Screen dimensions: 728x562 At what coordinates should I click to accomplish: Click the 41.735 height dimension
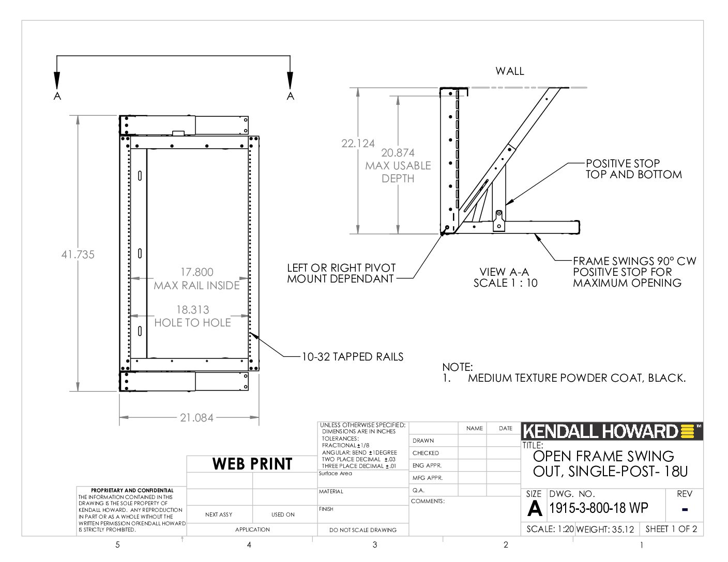tap(78, 255)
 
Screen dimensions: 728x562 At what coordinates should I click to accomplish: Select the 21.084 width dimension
tap(196, 418)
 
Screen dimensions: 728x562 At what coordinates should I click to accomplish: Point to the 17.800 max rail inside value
tap(197, 272)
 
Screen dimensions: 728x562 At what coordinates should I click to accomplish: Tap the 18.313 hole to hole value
tap(193, 309)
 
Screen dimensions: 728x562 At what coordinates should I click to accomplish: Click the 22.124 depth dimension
tap(358, 144)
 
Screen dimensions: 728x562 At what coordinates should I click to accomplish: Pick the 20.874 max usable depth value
tap(398, 153)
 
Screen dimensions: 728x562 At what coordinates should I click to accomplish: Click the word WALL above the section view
tap(510, 71)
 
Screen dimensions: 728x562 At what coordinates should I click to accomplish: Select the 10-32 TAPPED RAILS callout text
tap(353, 357)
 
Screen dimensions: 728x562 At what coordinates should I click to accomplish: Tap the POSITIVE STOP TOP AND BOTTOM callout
tap(634, 169)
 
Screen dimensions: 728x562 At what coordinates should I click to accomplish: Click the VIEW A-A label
tap(504, 272)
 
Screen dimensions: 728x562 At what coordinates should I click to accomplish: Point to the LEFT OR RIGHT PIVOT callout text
tap(341, 268)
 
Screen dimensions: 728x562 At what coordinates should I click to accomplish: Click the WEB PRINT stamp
tap(252, 464)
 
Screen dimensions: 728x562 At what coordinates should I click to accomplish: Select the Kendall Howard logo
tap(612, 431)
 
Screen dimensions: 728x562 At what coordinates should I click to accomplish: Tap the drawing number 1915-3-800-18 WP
tap(599, 508)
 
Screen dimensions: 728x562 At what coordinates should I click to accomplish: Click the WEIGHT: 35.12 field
tap(605, 529)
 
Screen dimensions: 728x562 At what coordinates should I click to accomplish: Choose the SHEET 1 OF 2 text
tap(671, 529)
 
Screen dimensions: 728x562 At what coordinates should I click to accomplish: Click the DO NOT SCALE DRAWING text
tap(363, 530)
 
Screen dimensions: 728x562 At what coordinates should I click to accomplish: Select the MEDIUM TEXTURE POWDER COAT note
tap(577, 378)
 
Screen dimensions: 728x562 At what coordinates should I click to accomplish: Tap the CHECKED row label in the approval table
tap(426, 453)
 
